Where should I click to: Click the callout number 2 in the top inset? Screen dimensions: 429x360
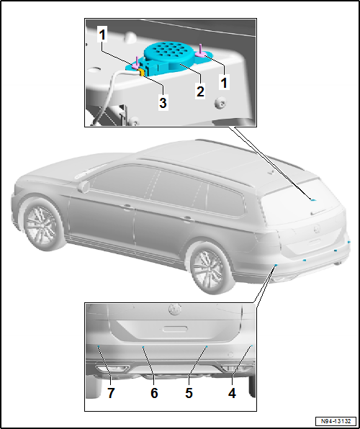coord(200,92)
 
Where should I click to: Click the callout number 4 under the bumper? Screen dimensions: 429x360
coord(233,393)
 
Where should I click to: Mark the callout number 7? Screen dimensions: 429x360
coord(111,393)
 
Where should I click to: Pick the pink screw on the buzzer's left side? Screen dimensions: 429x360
coord(135,66)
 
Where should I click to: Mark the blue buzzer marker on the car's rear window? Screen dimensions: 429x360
coord(312,197)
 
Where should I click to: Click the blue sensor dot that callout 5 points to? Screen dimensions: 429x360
coord(206,347)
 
